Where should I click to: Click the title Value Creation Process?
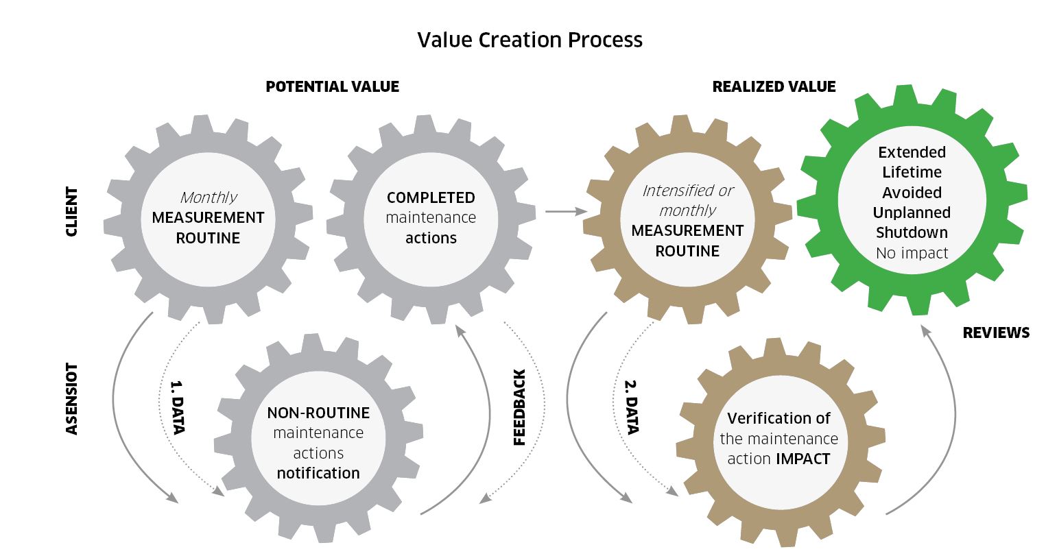tap(530, 40)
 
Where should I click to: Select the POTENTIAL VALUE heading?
tap(332, 86)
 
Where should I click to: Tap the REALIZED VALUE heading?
tap(774, 86)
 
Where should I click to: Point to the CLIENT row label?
tap(71, 212)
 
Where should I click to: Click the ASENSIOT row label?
tap(71, 399)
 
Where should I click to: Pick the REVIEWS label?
tap(996, 333)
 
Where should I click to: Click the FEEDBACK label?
tap(519, 407)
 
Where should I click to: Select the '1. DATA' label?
tap(176, 406)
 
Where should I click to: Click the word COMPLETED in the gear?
tap(431, 197)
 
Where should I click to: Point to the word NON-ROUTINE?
tap(318, 413)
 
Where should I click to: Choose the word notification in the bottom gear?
tap(318, 473)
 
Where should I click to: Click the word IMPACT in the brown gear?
tap(804, 459)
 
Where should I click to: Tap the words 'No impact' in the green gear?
tap(912, 253)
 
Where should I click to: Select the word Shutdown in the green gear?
tap(912, 232)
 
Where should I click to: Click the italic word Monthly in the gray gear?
tap(209, 197)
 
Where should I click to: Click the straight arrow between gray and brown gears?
tap(567, 212)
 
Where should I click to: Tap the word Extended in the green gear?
tap(912, 152)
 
